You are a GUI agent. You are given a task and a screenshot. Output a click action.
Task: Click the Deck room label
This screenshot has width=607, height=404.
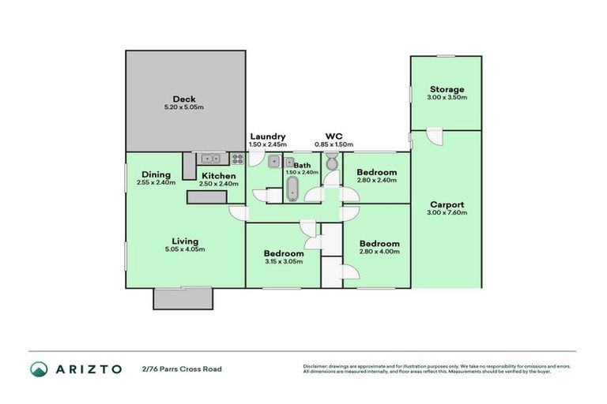pos(173,99)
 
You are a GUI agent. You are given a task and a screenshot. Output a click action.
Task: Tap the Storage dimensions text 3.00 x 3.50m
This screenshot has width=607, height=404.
pos(447,98)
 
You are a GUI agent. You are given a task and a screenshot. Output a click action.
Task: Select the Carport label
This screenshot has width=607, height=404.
pos(447,204)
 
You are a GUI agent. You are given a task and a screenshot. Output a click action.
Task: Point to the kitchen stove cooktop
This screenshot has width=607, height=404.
pos(237,159)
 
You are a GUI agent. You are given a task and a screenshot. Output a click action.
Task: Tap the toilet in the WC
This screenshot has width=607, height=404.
pos(331,162)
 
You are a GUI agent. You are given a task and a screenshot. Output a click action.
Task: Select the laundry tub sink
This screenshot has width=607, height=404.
pos(273,163)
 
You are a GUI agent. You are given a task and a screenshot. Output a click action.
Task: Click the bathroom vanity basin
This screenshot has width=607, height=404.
pos(290,163)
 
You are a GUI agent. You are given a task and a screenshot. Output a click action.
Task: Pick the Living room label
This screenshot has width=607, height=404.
pos(186,241)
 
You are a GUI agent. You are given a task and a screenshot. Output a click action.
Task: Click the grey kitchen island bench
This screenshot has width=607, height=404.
pos(212,197)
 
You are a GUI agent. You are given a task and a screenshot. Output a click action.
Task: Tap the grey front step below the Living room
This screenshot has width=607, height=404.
pos(182,298)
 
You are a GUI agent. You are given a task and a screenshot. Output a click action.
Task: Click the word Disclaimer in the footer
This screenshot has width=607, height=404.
pos(315,366)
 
